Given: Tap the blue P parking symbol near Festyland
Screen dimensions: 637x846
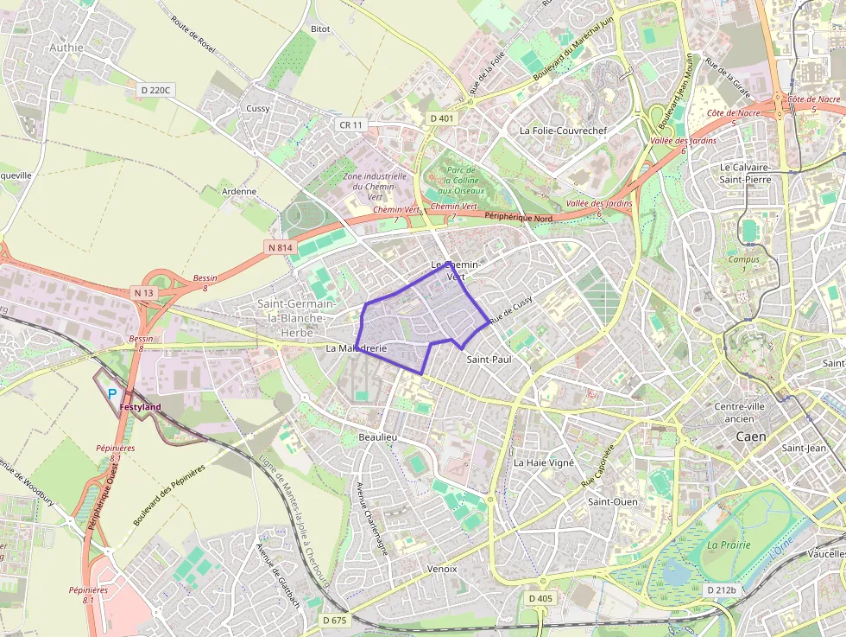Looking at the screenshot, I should pos(112,393).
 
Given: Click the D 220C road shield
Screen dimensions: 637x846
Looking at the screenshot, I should pos(156,89).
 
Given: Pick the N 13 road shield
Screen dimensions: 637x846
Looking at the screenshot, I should pos(143,293).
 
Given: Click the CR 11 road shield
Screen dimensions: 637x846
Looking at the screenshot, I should pos(351,125).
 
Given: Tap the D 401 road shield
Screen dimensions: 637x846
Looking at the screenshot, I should pos(441,118).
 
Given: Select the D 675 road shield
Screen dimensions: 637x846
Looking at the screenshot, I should pos(334,620).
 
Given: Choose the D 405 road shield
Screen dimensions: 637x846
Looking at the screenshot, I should pos(540,598).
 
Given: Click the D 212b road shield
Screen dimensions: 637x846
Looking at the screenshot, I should pos(721,590).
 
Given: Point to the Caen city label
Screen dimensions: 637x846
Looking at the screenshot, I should pos(750,436).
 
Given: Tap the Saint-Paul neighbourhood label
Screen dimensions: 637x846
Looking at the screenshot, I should pos(489,358).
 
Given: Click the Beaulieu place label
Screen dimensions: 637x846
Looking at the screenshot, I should pos(377,438).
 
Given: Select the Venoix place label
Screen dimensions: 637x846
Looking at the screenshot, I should pos(441,569).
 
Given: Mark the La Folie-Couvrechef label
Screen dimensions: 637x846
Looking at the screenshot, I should pos(563,131).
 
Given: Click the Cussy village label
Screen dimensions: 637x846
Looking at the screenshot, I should pos(258,108).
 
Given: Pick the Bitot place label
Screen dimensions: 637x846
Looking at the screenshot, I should pos(320,29).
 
